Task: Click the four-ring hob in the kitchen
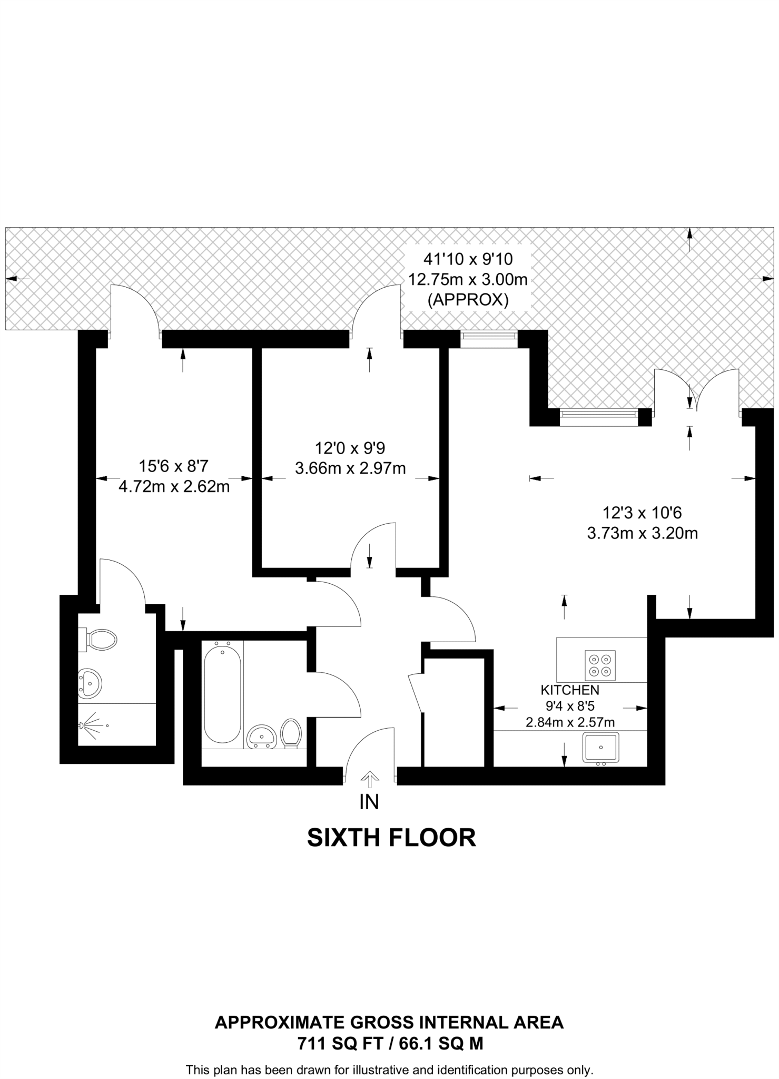600,665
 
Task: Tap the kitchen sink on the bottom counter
600,748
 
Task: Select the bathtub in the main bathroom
222,694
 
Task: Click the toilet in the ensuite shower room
101,640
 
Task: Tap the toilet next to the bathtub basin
291,733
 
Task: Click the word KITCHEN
570,690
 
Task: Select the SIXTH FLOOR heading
391,838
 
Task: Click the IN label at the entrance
369,802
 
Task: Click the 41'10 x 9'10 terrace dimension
468,259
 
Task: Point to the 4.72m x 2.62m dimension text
174,486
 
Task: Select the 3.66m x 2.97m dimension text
350,468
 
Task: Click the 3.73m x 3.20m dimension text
642,533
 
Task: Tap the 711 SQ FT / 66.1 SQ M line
390,1043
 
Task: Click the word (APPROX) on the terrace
468,300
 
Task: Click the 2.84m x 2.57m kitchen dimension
570,722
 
